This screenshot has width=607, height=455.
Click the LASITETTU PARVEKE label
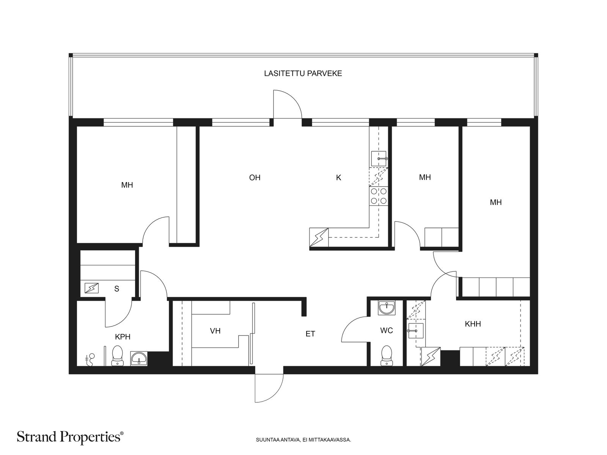coord(303,74)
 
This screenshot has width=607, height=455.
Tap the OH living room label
coord(255,177)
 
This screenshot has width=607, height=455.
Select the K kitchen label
coord(338,177)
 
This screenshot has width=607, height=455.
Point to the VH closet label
coord(215,331)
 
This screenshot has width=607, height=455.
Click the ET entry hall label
coord(310,334)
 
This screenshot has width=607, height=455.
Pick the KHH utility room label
coord(473,324)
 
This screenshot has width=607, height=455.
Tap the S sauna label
coord(117,289)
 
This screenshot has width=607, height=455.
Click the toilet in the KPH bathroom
coord(117,356)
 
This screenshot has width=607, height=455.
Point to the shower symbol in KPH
coord(90,359)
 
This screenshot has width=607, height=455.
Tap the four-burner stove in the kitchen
coord(379,196)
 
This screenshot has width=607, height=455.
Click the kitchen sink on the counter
coord(379,159)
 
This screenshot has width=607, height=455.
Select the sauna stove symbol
coord(91,288)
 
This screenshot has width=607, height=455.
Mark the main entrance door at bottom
coord(269,388)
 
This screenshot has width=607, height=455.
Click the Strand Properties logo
coord(70,437)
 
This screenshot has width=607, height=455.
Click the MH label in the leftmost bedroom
coord(127,185)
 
